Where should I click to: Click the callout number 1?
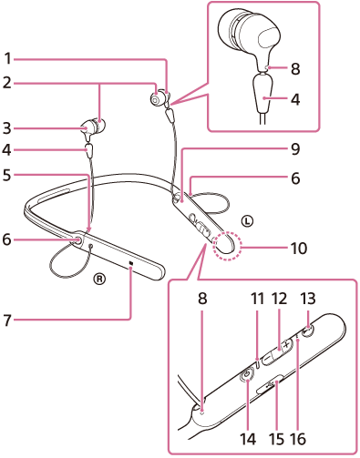tap(7, 58)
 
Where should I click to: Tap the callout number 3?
tap(7, 128)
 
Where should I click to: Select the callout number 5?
tap(7, 175)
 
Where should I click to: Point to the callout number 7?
tap(7, 320)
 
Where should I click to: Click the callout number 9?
tap(295, 148)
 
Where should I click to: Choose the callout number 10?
tap(299, 248)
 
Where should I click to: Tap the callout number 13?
tap(308, 299)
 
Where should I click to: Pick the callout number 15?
tap(277, 439)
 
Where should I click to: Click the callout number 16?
tap(298, 439)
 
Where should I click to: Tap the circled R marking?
tap(99, 278)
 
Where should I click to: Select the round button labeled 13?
tap(308, 331)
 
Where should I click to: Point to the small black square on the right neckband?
tap(131, 263)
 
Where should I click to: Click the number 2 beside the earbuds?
tap(7, 83)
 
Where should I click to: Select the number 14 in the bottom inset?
tap(248, 439)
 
